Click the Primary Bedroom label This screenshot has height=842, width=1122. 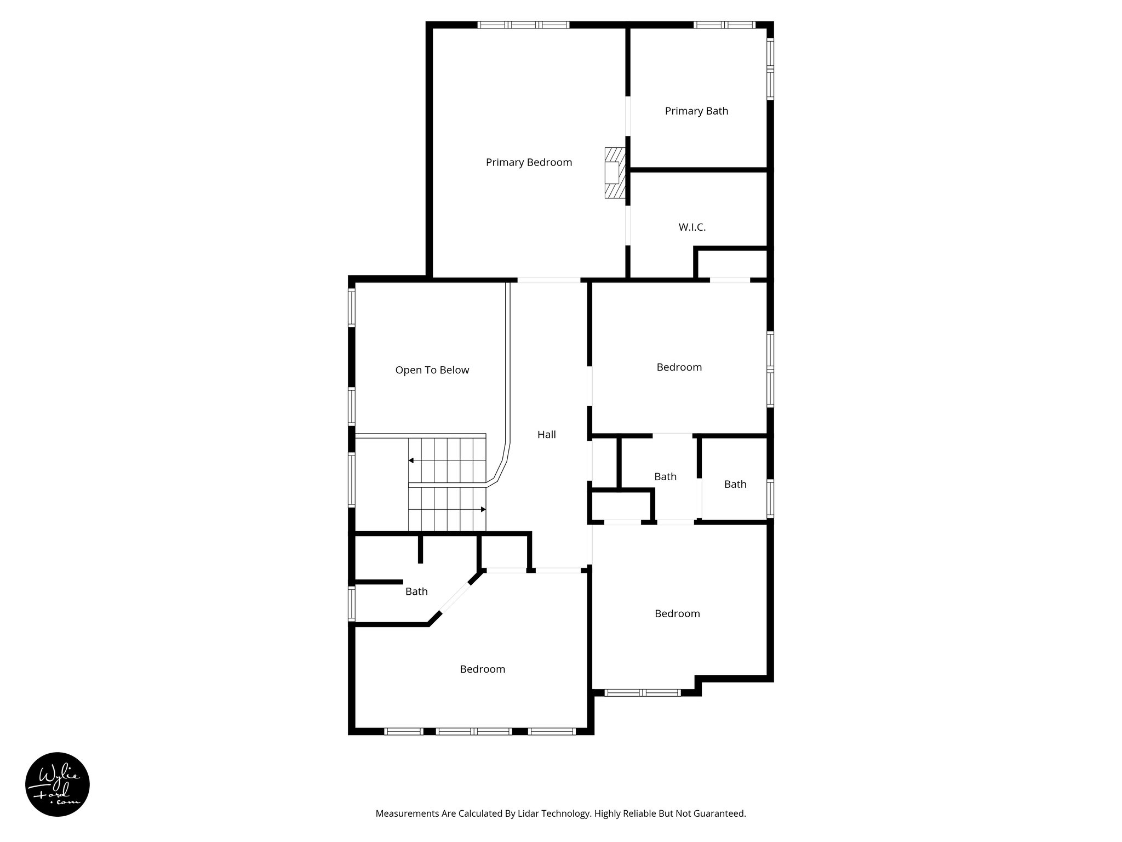[529, 162]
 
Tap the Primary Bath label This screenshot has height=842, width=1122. [696, 111]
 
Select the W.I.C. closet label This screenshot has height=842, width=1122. [692, 227]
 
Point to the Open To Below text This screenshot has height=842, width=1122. [432, 370]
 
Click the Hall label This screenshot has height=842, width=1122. [546, 435]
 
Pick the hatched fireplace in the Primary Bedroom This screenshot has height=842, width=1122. [615, 173]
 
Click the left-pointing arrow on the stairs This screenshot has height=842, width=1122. [411, 460]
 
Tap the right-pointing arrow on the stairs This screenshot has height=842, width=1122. [483, 509]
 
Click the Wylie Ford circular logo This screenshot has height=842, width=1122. [58, 784]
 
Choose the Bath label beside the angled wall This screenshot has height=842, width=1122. [416, 591]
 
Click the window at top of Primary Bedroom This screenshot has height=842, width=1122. [523, 25]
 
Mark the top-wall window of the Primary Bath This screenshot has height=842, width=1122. [724, 25]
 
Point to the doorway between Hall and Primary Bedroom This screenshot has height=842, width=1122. [548, 280]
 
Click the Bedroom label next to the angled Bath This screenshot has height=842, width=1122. [482, 669]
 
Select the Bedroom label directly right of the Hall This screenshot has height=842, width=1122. [679, 367]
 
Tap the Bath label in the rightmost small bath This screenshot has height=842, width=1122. [735, 484]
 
